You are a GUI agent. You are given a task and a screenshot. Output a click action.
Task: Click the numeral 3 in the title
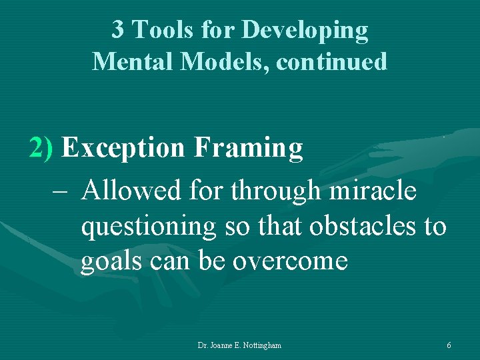(117, 30)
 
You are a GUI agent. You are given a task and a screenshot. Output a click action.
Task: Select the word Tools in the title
(158, 30)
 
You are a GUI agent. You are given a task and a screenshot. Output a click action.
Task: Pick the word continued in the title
(331, 61)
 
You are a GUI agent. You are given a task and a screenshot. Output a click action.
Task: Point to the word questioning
(148, 227)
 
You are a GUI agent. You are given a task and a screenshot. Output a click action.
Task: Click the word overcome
(290, 261)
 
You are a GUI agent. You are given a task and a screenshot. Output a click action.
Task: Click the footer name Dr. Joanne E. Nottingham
(239, 345)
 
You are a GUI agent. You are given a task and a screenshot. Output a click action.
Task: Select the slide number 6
(449, 345)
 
